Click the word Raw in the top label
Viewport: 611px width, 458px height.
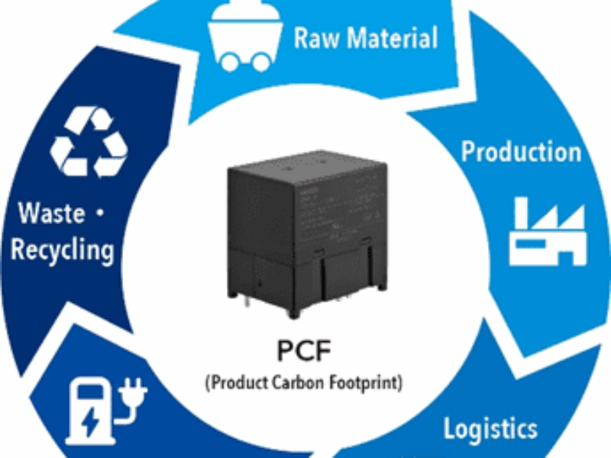[x=315, y=37]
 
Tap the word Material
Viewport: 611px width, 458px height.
[x=390, y=37]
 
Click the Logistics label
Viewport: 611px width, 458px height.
[x=490, y=427]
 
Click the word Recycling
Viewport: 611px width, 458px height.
[x=63, y=249]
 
